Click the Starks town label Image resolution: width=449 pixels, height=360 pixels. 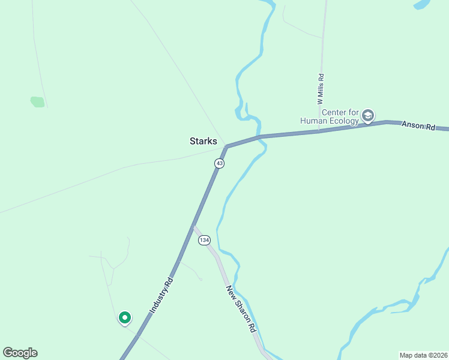coord(203,142)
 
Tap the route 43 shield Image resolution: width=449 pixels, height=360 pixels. coord(220,164)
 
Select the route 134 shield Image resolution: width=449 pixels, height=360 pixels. coord(205,240)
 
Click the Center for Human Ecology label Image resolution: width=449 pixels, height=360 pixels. coord(340,116)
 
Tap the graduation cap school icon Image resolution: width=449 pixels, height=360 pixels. coord(368,115)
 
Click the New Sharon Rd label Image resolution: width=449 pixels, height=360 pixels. coord(241,309)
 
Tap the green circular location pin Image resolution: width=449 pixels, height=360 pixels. coord(124,317)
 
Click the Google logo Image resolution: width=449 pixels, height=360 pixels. coord(20,353)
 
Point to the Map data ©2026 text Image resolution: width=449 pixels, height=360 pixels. coord(423,355)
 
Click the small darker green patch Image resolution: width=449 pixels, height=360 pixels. coord(37,102)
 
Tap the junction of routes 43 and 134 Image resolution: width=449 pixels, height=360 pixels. coord(194,226)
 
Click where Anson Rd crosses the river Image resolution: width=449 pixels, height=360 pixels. coord(259,137)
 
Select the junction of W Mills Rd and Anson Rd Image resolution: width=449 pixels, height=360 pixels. coord(320,131)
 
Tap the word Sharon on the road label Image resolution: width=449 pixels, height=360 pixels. coord(243,311)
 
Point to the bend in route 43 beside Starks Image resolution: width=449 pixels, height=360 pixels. coord(226,146)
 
